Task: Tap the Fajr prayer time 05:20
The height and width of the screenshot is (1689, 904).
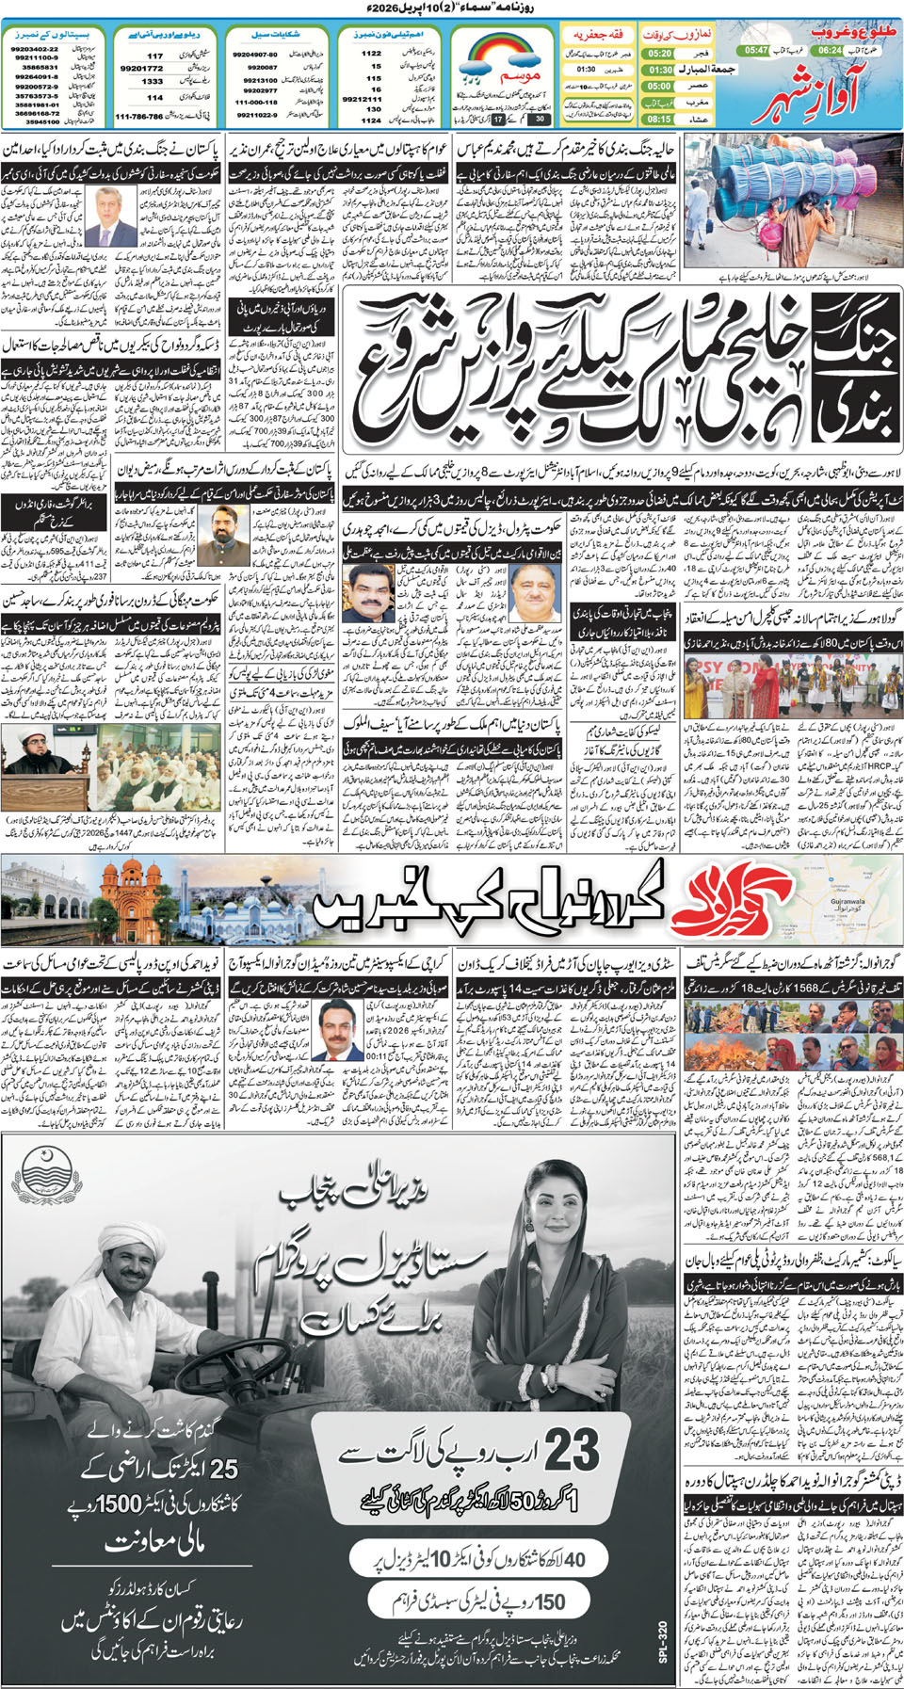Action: pyautogui.click(x=659, y=54)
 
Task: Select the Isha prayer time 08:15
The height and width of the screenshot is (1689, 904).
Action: pyautogui.click(x=659, y=120)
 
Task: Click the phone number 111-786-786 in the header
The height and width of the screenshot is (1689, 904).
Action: pyautogui.click(x=138, y=117)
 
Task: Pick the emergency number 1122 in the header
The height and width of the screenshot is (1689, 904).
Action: pyautogui.click(x=371, y=54)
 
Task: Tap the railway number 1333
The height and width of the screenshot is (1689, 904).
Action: pyautogui.click(x=153, y=82)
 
